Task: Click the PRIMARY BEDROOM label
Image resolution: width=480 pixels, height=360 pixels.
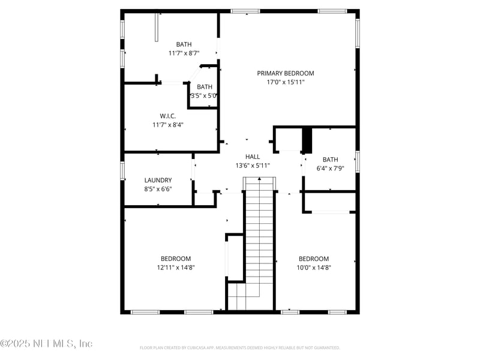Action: [286, 73]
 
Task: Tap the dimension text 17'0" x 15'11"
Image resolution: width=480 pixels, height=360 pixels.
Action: [286, 82]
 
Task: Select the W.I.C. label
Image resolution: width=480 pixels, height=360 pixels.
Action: [167, 116]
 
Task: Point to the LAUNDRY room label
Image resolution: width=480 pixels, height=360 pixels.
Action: [158, 180]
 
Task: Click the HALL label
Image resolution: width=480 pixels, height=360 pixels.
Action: [253, 157]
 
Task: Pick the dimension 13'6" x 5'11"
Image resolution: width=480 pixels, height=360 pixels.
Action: [253, 166]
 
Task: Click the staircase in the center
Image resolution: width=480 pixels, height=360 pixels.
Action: [259, 240]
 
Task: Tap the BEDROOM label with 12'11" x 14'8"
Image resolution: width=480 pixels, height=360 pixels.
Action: [176, 259]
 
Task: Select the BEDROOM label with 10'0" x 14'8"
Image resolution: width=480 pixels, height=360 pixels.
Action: [314, 259]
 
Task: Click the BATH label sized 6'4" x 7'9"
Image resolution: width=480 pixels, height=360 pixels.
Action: [331, 160]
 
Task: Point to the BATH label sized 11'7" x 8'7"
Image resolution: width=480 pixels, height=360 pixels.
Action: [184, 44]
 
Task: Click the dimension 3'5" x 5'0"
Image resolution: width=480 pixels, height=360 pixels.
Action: [203, 95]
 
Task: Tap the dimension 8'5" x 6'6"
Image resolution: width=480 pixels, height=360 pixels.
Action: [158, 189]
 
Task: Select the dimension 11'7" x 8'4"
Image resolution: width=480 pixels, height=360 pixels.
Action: [167, 125]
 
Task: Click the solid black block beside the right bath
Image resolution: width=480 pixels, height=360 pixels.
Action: [307, 140]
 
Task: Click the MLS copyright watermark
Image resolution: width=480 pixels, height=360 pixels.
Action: [46, 344]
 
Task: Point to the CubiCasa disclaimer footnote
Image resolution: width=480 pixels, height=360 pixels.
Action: [240, 347]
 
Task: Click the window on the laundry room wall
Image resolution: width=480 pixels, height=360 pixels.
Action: [122, 170]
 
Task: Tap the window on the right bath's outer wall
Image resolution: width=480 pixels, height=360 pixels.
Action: [358, 162]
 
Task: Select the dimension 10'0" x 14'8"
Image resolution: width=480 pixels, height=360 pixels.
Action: [314, 268]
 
